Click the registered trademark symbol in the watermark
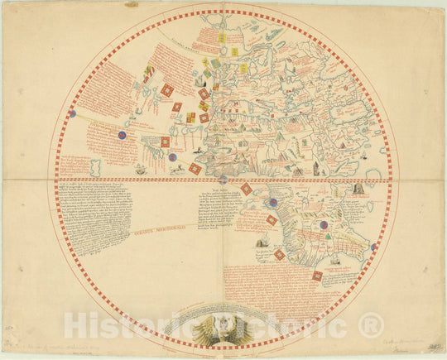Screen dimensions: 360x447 [370, 324]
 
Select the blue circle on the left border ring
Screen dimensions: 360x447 [72, 113]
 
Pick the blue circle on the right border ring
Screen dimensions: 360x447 [373, 246]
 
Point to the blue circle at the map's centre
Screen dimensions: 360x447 [222, 179]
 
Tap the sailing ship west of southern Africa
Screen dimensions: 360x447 [262, 242]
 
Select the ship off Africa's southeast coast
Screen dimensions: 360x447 [337, 258]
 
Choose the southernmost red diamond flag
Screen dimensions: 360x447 [317, 276]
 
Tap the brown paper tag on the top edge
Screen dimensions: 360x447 [132, 4]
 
